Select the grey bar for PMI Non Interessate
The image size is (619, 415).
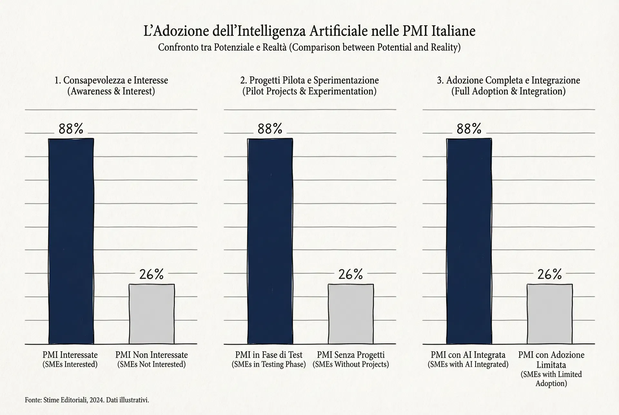coord(152,314)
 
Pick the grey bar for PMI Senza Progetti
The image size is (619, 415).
coord(350,314)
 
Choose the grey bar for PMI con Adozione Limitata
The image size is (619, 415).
coord(550,314)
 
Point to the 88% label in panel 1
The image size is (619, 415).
coord(71,129)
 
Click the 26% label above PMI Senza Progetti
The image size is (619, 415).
coord(350,275)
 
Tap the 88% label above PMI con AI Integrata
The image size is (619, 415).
coord(469,129)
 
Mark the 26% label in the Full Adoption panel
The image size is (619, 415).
coord(550,275)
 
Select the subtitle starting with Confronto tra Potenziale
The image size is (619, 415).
coord(309,47)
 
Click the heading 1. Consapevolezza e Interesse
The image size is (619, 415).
coord(111,80)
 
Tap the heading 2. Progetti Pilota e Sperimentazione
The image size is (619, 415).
coord(309,80)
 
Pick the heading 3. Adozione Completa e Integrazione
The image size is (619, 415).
coord(508,80)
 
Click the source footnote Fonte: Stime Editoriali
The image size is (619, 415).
coord(87,400)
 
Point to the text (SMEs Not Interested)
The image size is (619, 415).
coord(151,364)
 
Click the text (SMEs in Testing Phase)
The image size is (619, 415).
coord(269,364)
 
